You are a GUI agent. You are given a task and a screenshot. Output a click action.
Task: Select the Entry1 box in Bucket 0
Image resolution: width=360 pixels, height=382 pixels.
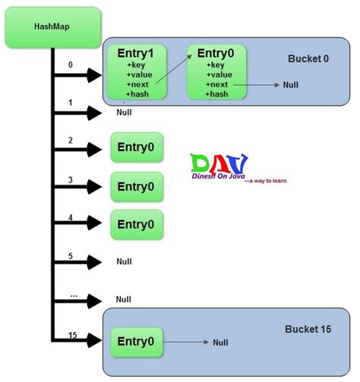(137, 72)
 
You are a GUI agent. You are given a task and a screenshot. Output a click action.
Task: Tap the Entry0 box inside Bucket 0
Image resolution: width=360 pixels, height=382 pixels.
(216, 72)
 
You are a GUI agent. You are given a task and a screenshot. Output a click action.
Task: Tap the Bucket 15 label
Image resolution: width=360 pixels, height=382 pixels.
(308, 329)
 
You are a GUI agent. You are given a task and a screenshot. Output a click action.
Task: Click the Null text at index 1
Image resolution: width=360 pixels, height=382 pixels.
(125, 112)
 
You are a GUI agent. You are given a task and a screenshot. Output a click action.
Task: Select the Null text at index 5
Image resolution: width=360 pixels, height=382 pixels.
(125, 261)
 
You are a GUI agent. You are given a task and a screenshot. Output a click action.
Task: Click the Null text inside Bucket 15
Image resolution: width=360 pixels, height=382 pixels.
(220, 343)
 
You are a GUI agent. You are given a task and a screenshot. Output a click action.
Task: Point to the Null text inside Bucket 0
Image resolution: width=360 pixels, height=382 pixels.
(290, 86)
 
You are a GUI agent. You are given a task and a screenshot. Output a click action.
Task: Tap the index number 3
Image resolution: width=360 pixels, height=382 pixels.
(70, 180)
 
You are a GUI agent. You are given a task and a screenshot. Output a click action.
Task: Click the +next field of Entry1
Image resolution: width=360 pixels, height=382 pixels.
(140, 85)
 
